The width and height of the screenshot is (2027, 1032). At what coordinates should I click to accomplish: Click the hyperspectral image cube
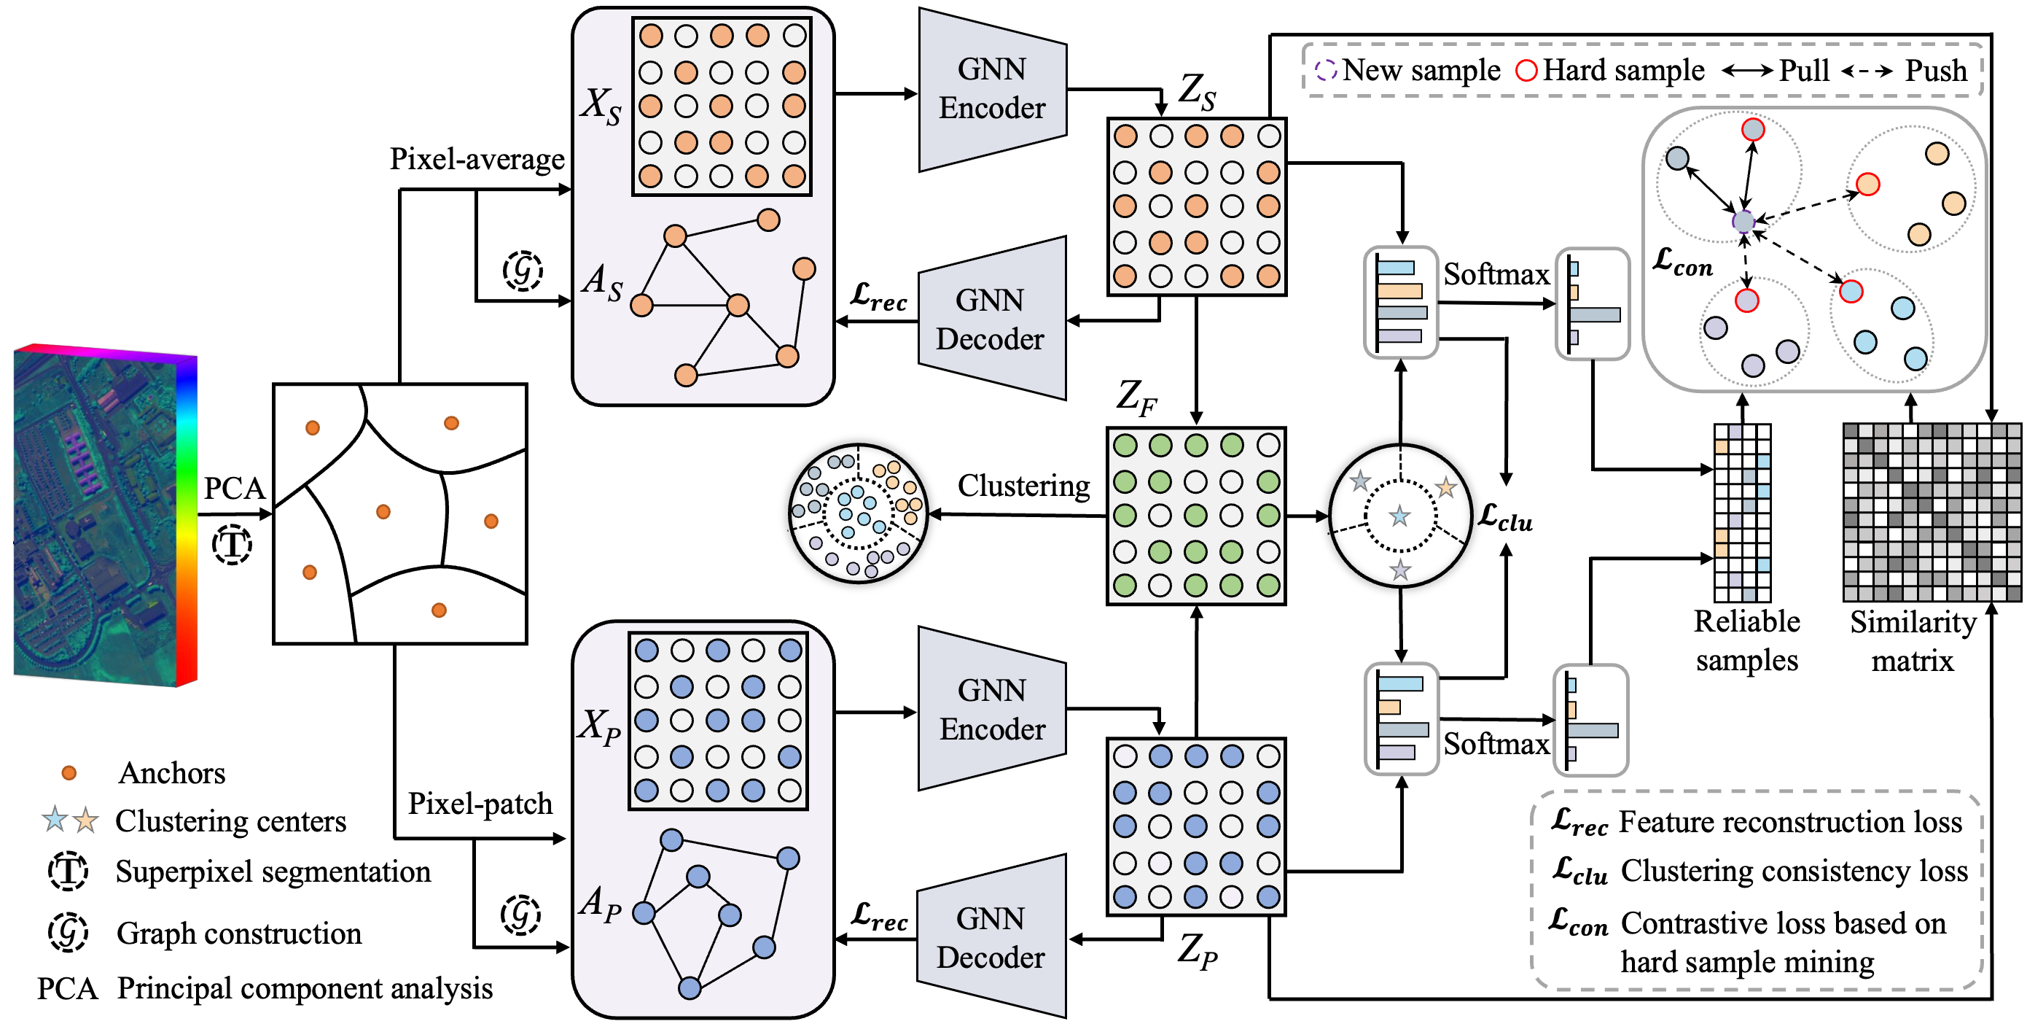click(105, 516)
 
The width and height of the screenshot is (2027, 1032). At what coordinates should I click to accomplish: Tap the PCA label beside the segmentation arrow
click(234, 488)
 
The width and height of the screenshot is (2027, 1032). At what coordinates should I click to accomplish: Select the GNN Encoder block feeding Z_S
click(991, 89)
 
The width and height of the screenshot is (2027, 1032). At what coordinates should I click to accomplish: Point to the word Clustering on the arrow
click(1023, 486)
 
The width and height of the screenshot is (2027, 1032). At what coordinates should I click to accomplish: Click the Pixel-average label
click(477, 159)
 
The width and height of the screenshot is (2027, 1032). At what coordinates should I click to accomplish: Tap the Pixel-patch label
click(480, 803)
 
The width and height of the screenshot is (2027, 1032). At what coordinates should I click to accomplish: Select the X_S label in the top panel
click(601, 105)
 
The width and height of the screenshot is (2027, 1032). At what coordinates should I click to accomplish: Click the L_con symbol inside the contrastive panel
click(1682, 260)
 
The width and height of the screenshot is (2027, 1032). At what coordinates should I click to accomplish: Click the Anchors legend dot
click(69, 773)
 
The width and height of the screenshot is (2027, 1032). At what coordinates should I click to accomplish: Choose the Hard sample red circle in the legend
click(1526, 71)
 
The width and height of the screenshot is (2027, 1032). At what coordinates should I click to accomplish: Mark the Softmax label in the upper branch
click(1496, 274)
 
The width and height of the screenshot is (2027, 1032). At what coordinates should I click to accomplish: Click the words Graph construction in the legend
click(239, 934)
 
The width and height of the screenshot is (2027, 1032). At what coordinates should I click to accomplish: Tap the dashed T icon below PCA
click(232, 545)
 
